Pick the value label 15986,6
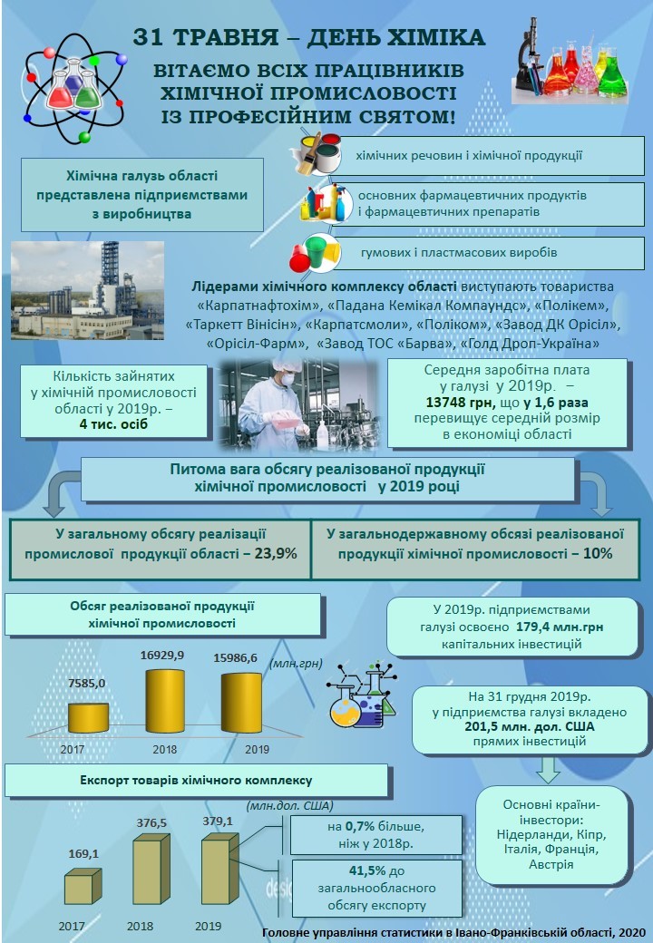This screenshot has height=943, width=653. click(235, 658)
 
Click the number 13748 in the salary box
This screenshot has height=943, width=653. click(455, 403)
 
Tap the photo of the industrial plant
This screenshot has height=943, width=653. click(87, 277)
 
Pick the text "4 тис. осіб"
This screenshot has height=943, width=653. click(112, 423)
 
